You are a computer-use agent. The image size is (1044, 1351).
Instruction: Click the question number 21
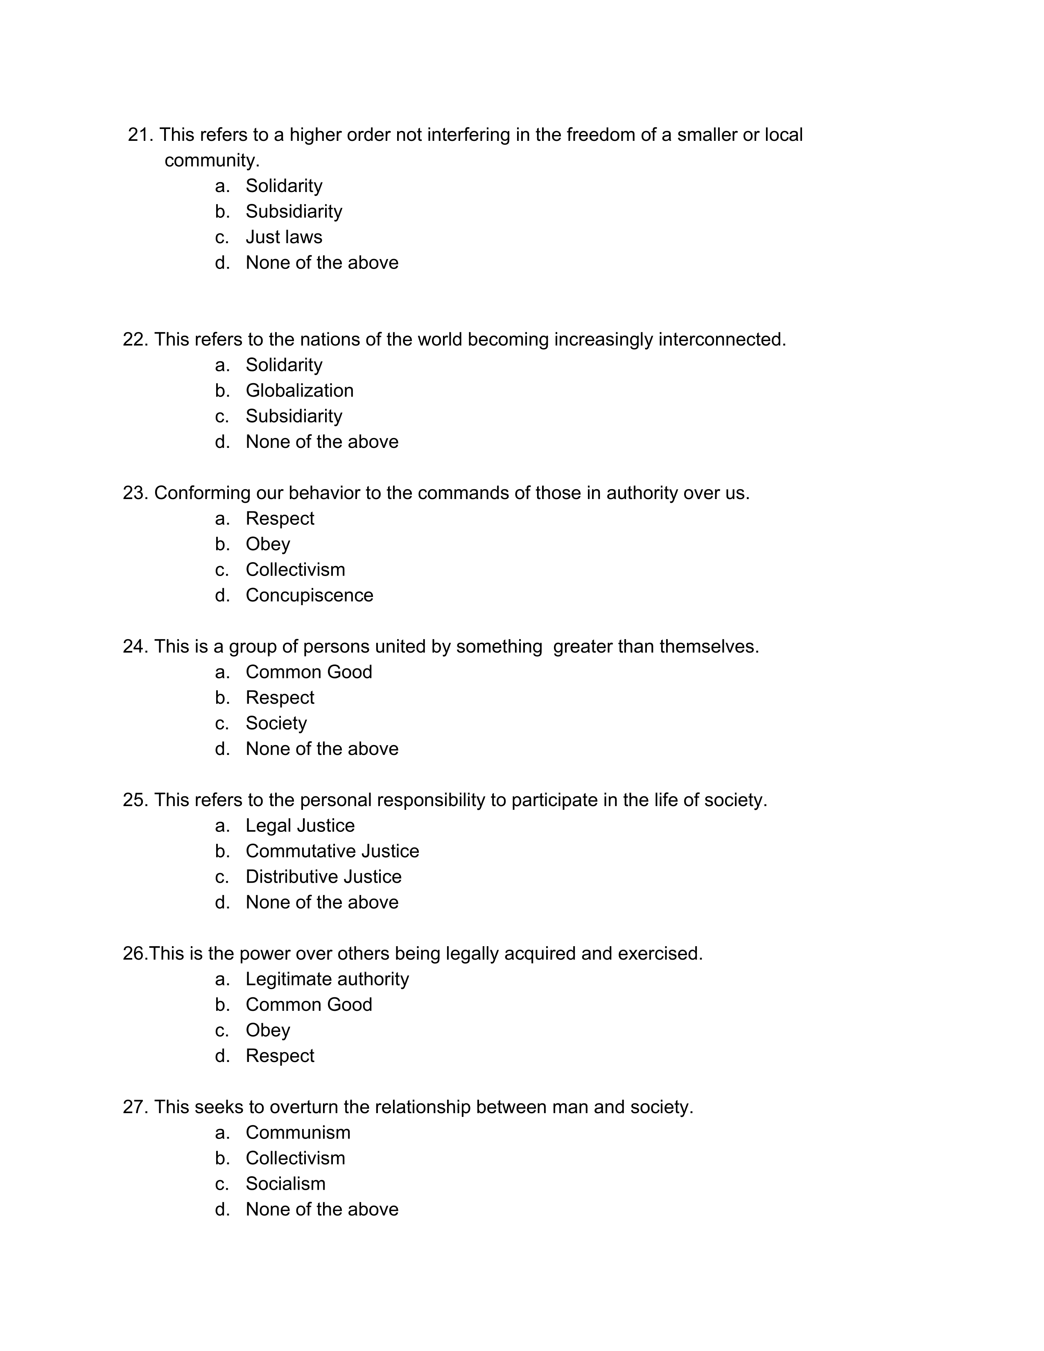click(x=140, y=135)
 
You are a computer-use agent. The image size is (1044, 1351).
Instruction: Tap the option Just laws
click(x=283, y=237)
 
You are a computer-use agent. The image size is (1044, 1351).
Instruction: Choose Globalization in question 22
click(x=299, y=390)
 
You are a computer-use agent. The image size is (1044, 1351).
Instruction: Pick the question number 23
click(x=135, y=493)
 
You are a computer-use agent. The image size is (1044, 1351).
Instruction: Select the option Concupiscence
click(x=309, y=595)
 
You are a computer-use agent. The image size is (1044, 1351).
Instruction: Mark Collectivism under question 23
click(x=295, y=570)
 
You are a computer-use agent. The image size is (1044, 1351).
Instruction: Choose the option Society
click(x=276, y=723)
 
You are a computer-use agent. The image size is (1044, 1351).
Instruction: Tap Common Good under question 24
click(x=309, y=672)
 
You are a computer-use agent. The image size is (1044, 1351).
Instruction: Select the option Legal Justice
click(x=300, y=825)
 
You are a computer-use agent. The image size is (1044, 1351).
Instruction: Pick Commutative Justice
click(x=332, y=851)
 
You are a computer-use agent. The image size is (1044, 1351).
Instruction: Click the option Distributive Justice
click(x=323, y=877)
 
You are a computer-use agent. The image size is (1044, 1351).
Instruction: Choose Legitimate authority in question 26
click(x=327, y=978)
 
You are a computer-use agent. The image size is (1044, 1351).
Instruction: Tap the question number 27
click(x=135, y=1107)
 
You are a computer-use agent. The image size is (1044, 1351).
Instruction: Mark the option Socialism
click(x=285, y=1184)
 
